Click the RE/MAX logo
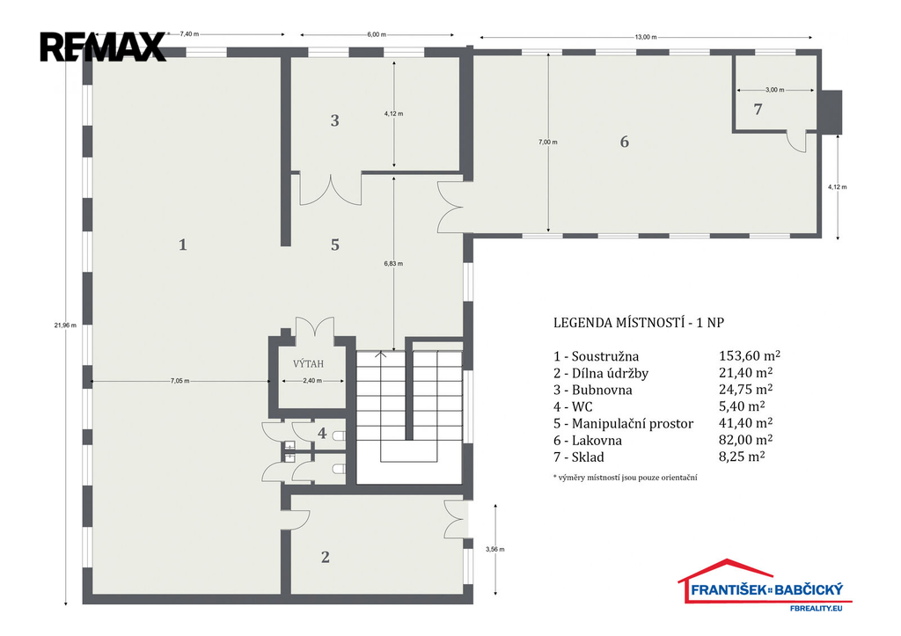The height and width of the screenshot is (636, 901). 103,47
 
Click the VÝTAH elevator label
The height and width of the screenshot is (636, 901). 309,363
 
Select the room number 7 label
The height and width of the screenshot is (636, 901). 758,108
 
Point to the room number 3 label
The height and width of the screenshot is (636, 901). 334,121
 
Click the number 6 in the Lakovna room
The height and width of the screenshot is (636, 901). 625,142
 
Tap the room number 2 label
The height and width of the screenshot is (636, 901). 326,557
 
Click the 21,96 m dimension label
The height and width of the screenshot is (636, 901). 65,325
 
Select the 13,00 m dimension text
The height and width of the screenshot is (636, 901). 646,37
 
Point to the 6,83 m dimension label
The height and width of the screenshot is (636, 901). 393,264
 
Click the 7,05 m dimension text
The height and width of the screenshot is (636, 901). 179,381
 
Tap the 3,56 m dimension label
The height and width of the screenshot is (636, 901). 494,549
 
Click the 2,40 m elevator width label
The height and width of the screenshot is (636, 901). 312,381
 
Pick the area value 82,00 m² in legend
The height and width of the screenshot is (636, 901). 745,440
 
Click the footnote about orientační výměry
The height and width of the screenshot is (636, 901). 626,477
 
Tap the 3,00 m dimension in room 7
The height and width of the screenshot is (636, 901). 774,90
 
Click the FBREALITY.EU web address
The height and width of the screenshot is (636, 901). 816,607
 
